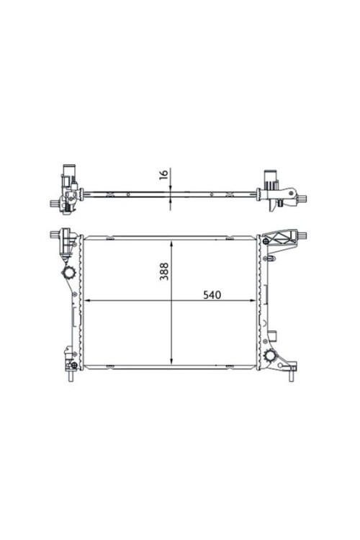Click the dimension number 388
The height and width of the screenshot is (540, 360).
pyautogui.click(x=164, y=271)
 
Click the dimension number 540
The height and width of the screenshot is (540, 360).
pyautogui.click(x=212, y=294)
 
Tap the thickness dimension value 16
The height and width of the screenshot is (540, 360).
pyautogui.click(x=164, y=174)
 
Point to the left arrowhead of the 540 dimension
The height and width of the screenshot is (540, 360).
pyautogui.click(x=88, y=301)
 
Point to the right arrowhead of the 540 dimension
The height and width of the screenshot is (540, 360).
pyautogui.click(x=253, y=301)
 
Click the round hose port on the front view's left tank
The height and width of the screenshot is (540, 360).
pyautogui.click(x=68, y=274)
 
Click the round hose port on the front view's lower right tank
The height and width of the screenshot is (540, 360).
pyautogui.click(x=271, y=356)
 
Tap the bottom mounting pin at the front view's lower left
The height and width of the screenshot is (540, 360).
pyautogui.click(x=71, y=376)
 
